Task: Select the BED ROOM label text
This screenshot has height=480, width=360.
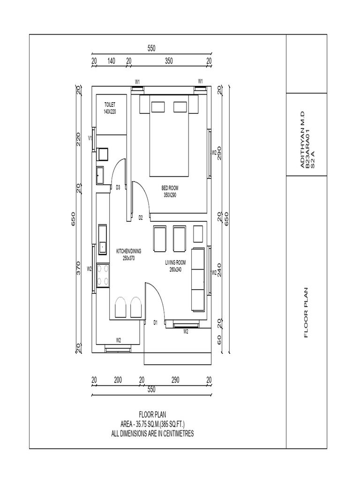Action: pos(170,188)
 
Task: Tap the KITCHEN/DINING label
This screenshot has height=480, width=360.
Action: pos(128,251)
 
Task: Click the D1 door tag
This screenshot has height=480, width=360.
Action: pos(156,322)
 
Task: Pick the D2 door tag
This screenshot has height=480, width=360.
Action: pos(141,217)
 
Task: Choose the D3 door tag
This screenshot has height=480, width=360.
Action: pos(118,187)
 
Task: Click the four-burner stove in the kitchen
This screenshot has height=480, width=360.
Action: pos(103,275)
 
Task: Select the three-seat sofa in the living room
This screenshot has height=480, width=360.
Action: pos(198,279)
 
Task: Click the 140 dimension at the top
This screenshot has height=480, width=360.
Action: pos(111,61)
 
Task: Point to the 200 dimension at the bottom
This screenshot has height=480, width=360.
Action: pos(118,379)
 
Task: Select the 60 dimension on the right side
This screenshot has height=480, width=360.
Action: pos(219,339)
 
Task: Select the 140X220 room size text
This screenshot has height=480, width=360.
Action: pos(109,112)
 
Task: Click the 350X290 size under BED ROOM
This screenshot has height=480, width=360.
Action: pos(170,195)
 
